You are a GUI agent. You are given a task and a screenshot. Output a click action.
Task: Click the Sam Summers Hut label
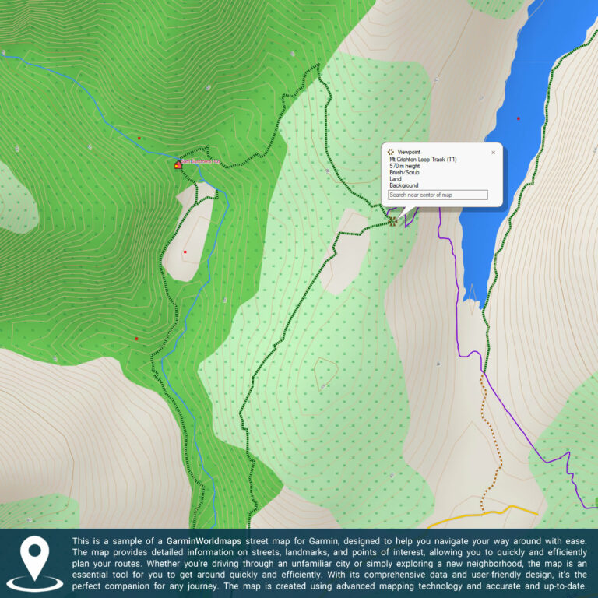coord(201,162)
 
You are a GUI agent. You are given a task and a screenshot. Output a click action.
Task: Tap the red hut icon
coord(178,164)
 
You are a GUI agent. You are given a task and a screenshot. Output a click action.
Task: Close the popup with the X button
coord(493,153)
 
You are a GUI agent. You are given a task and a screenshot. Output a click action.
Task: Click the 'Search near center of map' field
coord(438,195)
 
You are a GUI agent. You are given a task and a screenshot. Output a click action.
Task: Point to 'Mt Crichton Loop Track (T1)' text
coord(423,159)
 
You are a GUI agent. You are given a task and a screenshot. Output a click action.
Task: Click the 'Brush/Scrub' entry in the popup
coord(404,172)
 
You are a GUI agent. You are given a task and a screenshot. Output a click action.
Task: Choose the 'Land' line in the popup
coord(396,179)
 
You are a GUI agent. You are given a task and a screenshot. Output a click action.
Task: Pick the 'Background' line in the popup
coord(403,185)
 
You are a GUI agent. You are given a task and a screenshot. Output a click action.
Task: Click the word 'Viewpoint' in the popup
coord(409,152)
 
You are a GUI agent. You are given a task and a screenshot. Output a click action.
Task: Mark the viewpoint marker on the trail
coord(392,220)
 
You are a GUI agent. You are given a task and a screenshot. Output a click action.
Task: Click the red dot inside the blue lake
coord(518,118)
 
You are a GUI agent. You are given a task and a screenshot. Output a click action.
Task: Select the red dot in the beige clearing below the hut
coord(185,252)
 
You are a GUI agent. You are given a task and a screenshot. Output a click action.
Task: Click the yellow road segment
coord(483,514)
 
